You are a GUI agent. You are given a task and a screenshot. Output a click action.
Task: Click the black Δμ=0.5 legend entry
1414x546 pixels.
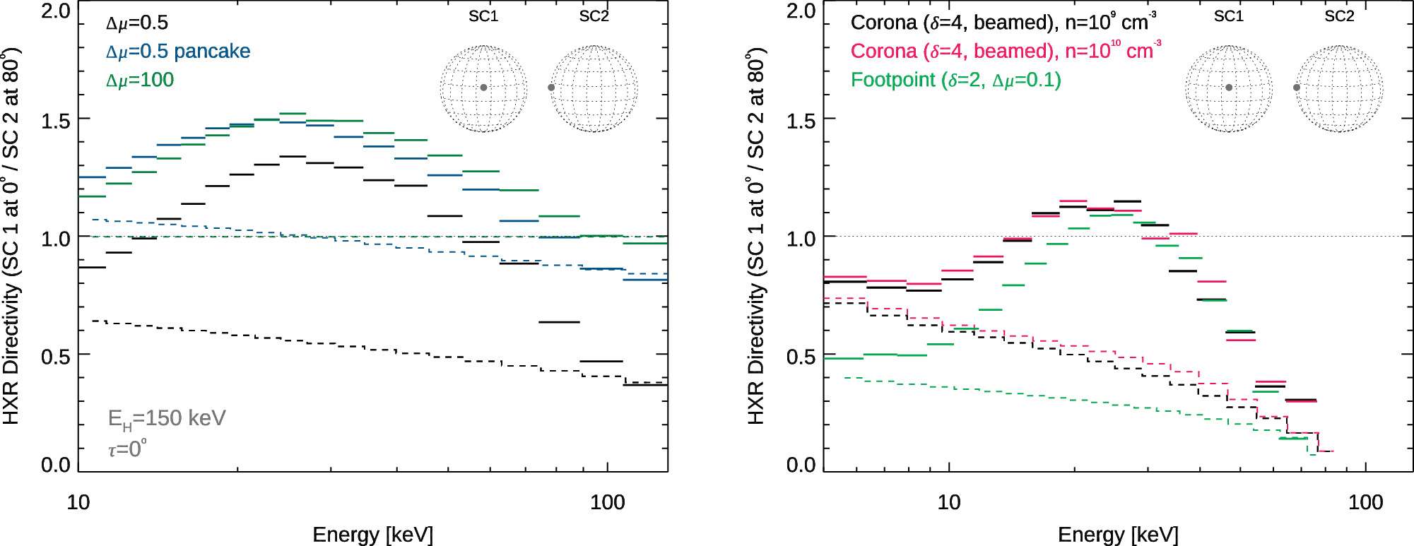pyautogui.click(x=137, y=23)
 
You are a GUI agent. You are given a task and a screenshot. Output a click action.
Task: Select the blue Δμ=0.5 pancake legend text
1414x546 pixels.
pyautogui.click(x=178, y=52)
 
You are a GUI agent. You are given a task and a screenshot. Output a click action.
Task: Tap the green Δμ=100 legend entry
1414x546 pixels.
pyautogui.click(x=140, y=80)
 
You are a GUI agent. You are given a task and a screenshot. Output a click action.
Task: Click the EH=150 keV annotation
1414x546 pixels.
pyautogui.click(x=167, y=418)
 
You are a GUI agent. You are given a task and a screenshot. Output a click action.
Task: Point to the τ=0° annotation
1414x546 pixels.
pyautogui.click(x=127, y=449)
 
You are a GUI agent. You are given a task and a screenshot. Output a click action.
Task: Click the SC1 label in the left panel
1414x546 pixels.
pyautogui.click(x=483, y=16)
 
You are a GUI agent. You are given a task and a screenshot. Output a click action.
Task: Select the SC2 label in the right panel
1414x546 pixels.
pyautogui.click(x=1339, y=16)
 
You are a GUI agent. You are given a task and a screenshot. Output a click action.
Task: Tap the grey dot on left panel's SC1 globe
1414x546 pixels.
pyautogui.click(x=483, y=88)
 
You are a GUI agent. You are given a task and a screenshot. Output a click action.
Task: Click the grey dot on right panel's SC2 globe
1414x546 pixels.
pyautogui.click(x=1297, y=88)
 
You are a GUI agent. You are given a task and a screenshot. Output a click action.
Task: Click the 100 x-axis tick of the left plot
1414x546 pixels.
pyautogui.click(x=608, y=502)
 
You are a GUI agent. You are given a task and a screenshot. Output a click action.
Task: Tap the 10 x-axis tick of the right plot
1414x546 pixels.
pyautogui.click(x=949, y=502)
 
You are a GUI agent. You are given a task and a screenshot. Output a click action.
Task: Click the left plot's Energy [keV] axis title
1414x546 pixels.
pyautogui.click(x=372, y=535)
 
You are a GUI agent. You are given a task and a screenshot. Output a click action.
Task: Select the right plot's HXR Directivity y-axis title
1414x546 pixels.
pyautogui.click(x=755, y=237)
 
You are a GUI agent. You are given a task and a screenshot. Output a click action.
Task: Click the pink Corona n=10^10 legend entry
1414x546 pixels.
pyautogui.click(x=1005, y=52)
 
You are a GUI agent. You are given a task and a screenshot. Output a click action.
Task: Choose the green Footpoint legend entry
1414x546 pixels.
pyautogui.click(x=955, y=80)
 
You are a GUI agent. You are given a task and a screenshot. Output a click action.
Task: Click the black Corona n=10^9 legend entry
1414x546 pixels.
pyautogui.click(x=1003, y=23)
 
